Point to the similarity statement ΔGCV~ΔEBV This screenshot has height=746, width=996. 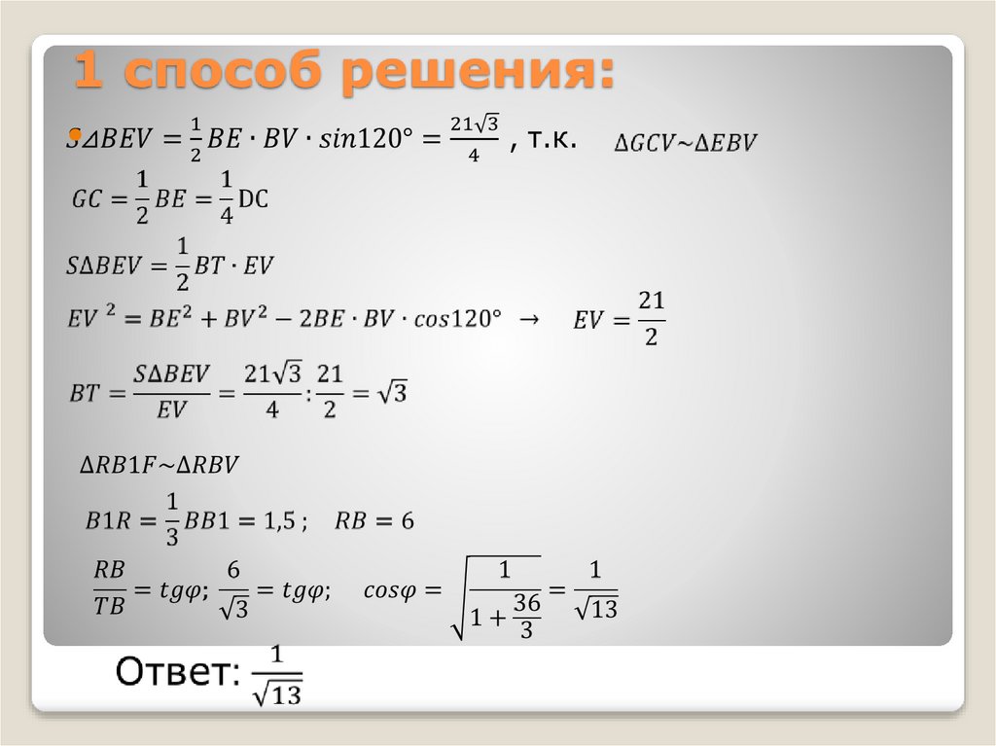coord(685,143)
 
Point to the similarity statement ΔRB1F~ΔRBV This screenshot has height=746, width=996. coord(159,466)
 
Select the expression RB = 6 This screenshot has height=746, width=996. coord(374,521)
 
